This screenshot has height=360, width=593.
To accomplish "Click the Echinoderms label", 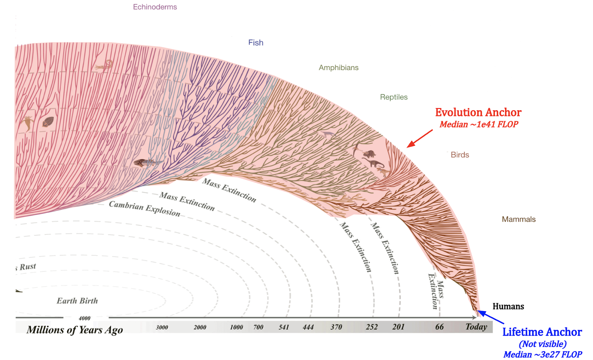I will (x=155, y=7).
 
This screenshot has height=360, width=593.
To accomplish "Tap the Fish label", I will (x=256, y=43).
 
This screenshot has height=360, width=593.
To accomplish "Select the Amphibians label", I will (x=338, y=68).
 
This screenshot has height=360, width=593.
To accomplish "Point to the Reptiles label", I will (x=394, y=97).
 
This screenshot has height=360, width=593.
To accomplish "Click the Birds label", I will (x=460, y=155).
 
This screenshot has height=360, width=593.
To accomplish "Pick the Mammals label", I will (x=519, y=219).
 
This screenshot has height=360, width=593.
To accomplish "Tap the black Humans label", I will (x=508, y=306).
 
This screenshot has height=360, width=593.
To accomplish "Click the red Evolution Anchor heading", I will (x=478, y=112).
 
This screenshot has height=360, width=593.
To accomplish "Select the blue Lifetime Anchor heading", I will (x=542, y=332).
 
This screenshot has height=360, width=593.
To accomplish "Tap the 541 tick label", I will (x=284, y=327).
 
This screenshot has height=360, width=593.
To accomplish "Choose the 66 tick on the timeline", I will (x=440, y=327).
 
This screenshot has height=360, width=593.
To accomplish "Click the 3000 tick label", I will (x=162, y=327).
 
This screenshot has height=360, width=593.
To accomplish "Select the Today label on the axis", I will (x=476, y=327).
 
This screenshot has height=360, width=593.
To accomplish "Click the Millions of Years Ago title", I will (x=74, y=330).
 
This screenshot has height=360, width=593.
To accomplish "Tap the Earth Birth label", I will (x=77, y=301).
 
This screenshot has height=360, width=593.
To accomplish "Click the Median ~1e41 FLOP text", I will (x=479, y=124).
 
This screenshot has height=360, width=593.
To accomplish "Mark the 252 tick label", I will (x=372, y=327).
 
